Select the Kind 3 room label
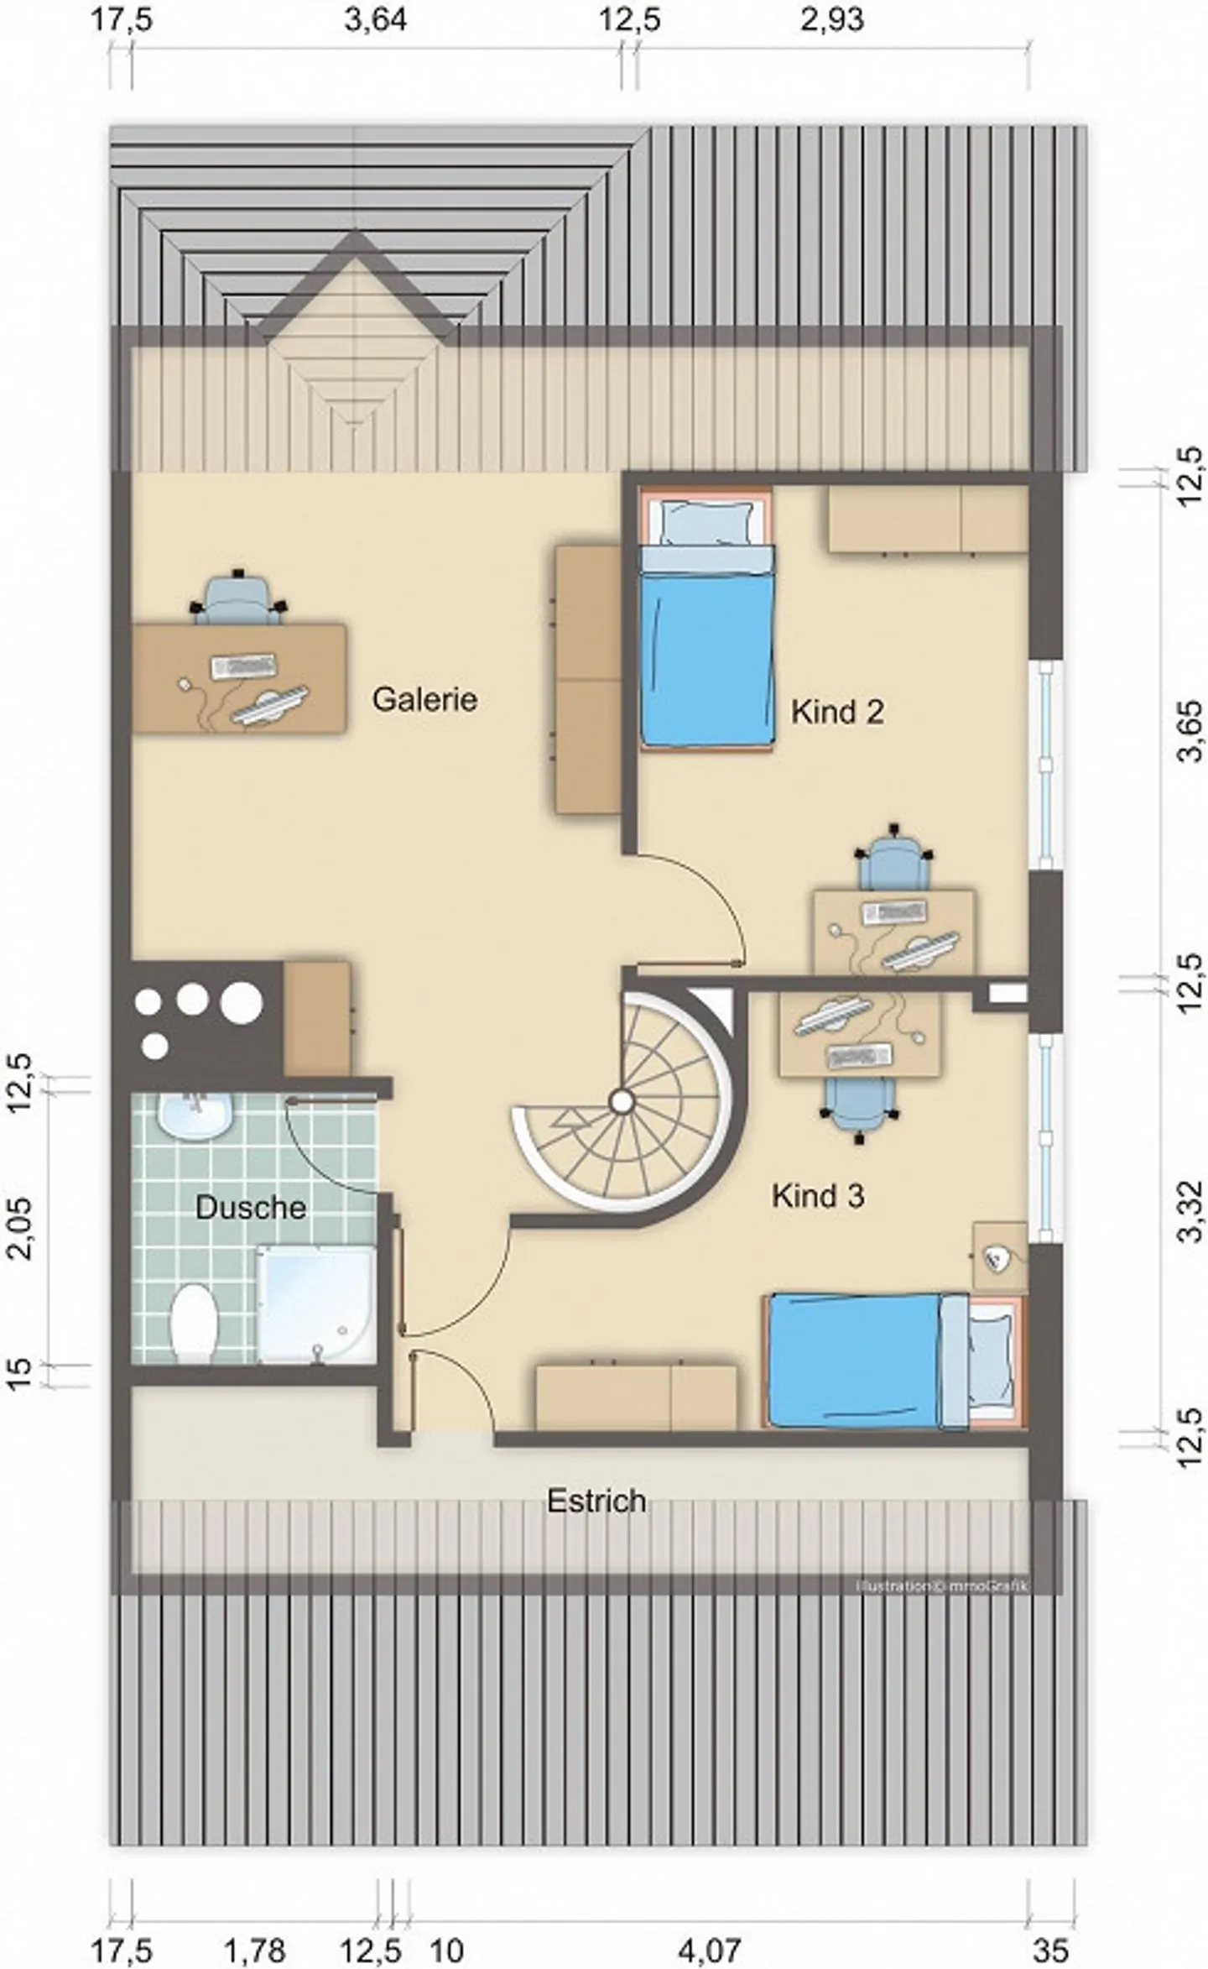pos(817,1195)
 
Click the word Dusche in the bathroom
pos(250,1208)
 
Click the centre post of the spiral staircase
pos(622,1099)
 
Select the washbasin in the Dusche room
pos(195,1117)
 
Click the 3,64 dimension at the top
pos(376,20)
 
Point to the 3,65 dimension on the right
pos(1190,730)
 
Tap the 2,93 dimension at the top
pos(831,20)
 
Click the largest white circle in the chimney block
pos(242,1001)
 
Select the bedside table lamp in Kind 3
pos(997,1257)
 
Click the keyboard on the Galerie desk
pos(244,666)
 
